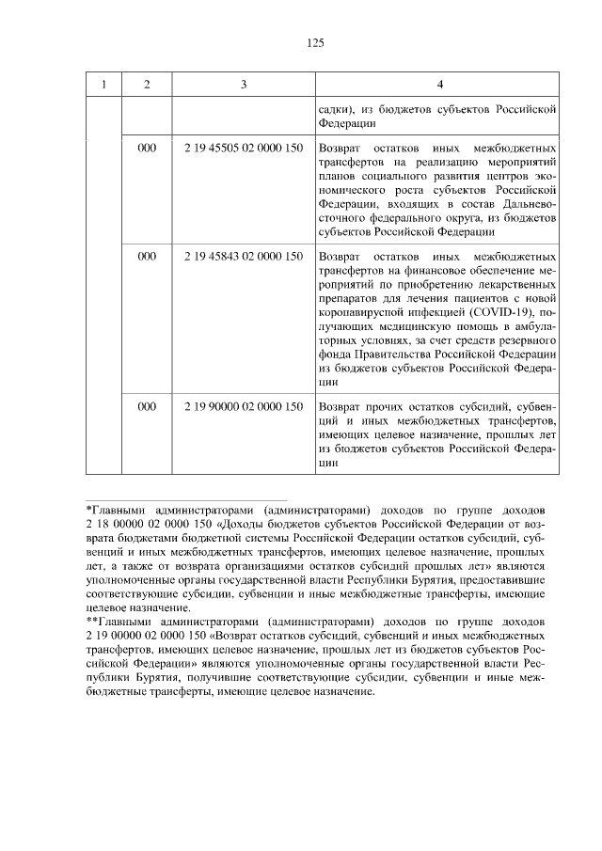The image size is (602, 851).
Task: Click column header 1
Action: (x=103, y=85)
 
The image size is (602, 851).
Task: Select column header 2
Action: (x=146, y=85)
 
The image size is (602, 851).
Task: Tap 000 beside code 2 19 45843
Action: (x=146, y=256)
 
